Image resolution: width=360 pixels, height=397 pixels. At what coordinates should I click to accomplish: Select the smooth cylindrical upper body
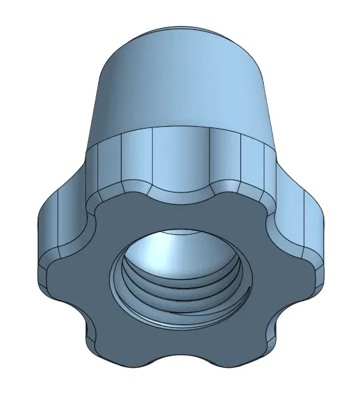click(185, 89)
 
